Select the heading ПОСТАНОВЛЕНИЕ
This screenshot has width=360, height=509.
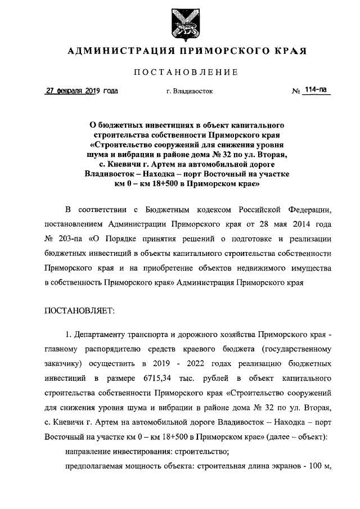pos(186,72)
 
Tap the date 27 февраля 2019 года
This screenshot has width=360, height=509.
pos(82,91)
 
